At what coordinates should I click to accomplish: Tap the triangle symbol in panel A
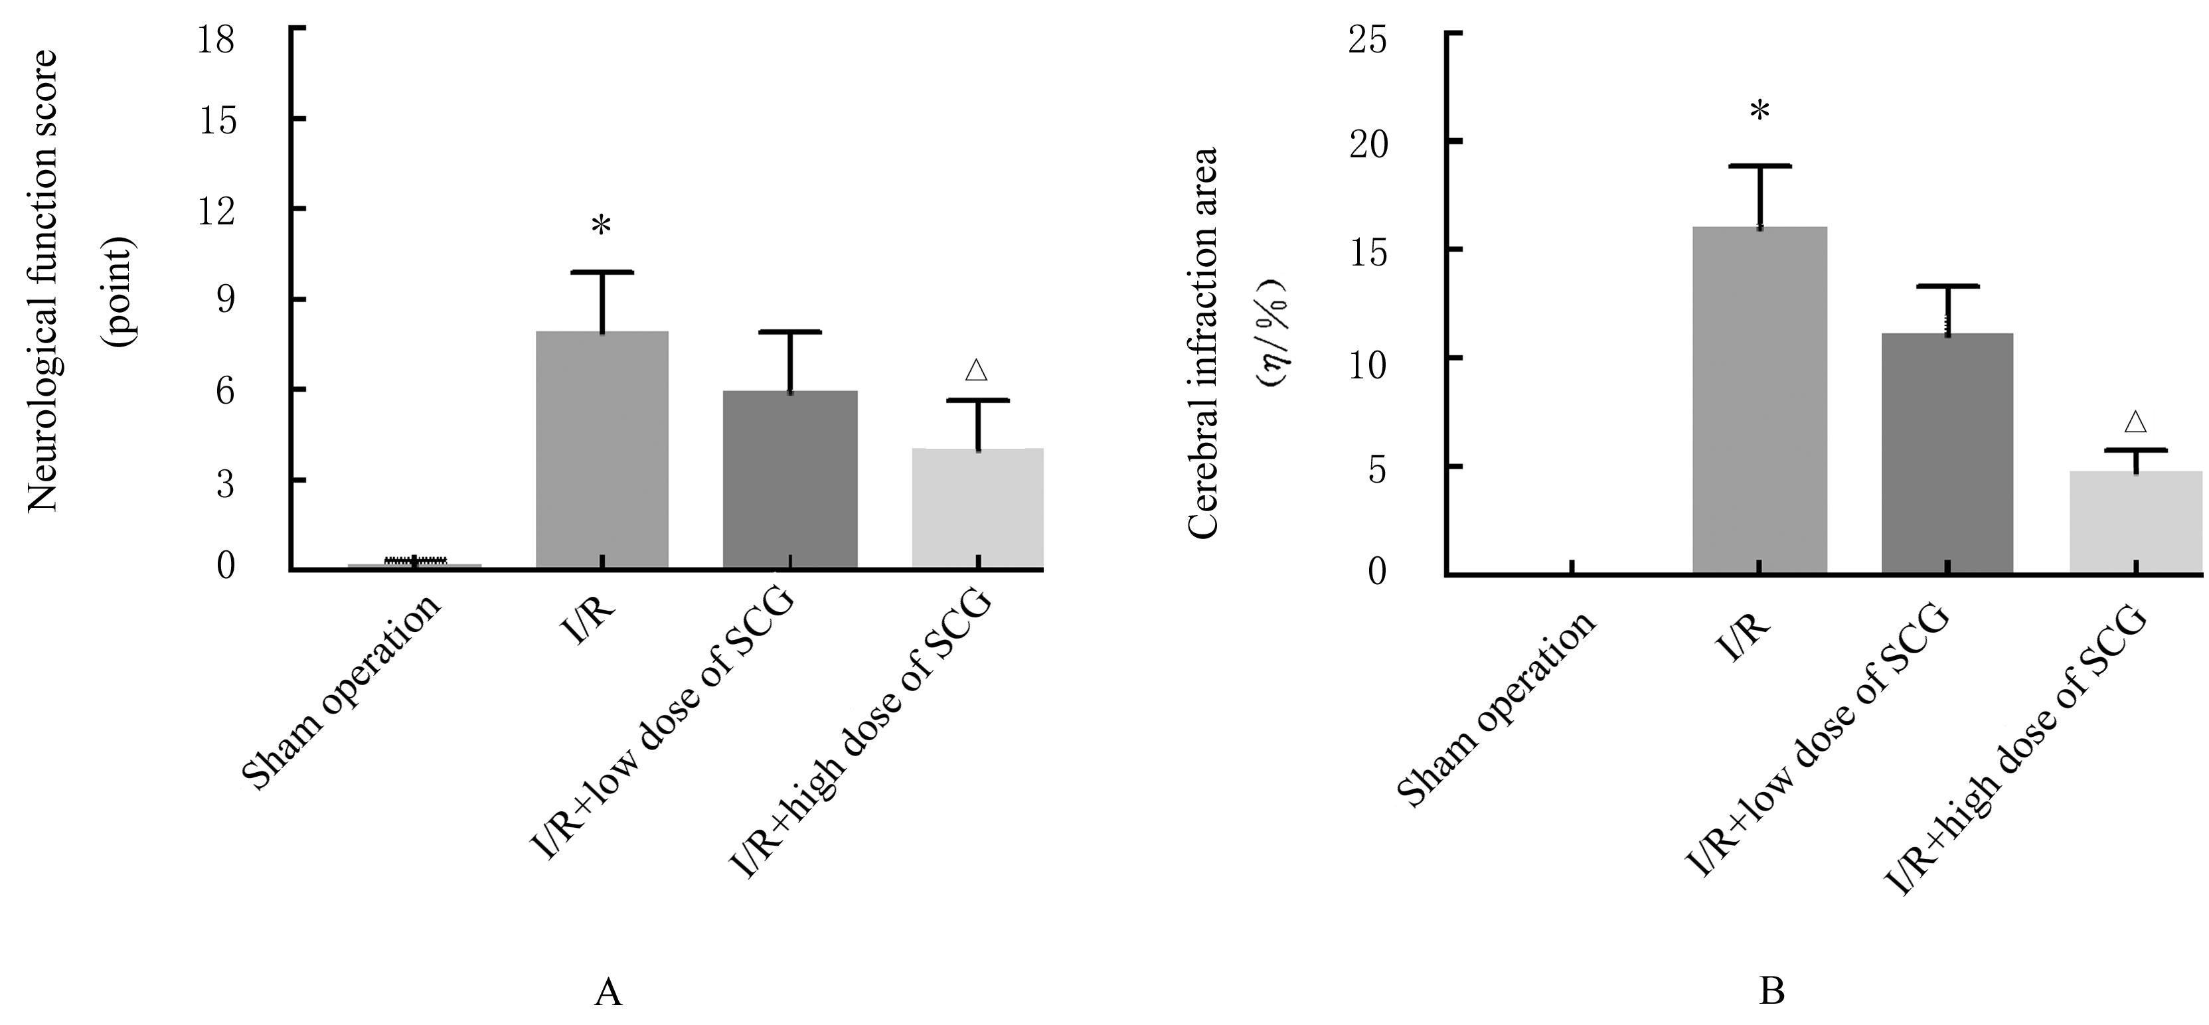tap(976, 370)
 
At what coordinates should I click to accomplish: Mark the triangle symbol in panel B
tap(2135, 421)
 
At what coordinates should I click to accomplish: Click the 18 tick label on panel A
tap(215, 40)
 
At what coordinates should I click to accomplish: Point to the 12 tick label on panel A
tap(215, 211)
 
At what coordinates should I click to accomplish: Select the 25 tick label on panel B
tap(1367, 41)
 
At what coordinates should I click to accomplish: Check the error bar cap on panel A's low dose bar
tap(790, 331)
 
